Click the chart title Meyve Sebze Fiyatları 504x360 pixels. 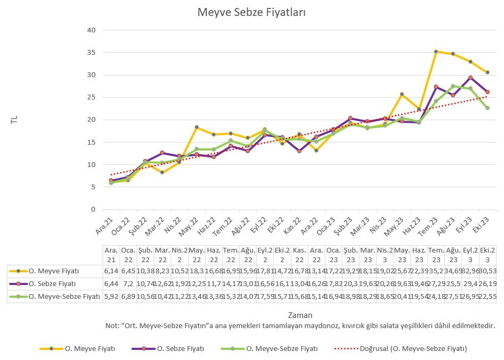coord(251,12)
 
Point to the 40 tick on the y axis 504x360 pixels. coord(91,30)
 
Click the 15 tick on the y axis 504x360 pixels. coord(91,142)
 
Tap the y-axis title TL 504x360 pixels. coord(14,120)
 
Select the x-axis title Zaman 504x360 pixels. coord(300,315)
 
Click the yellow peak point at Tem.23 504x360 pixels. coord(435,52)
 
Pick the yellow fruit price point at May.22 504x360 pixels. coord(196,127)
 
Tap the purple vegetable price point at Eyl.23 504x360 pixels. coord(470,78)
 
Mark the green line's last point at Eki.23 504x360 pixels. coord(487,108)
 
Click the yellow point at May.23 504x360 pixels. coord(402,94)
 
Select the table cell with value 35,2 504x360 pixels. coord(436,272)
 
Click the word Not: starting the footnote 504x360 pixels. coord(112,325)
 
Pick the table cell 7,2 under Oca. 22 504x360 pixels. coord(128,284)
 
